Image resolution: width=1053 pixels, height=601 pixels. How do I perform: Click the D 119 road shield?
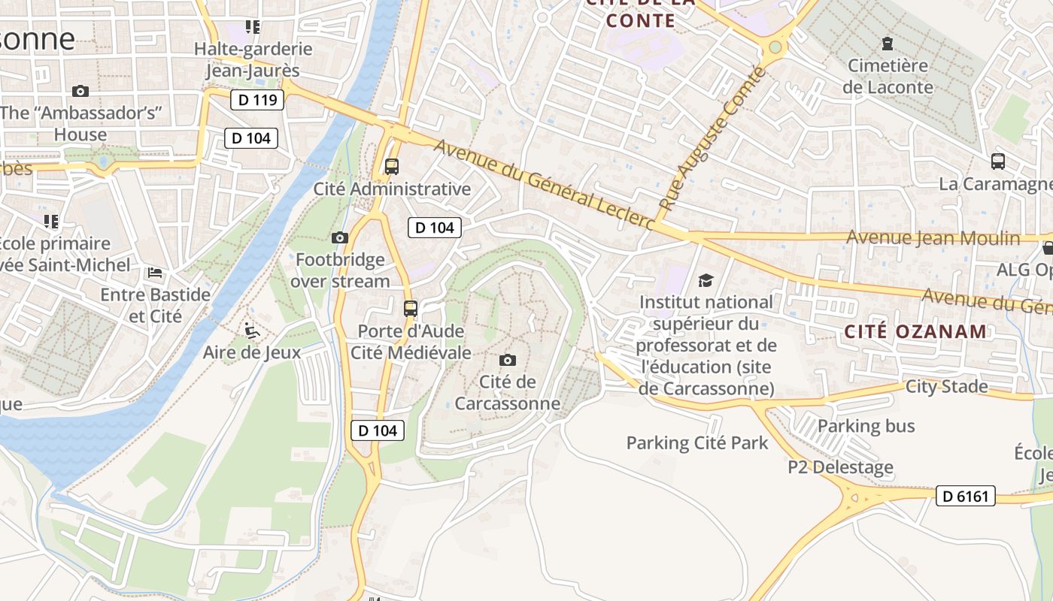pyautogui.click(x=256, y=100)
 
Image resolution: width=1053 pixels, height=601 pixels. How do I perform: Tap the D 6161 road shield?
pyautogui.click(x=966, y=496)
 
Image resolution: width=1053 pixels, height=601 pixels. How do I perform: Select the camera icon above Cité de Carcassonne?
pyautogui.click(x=508, y=361)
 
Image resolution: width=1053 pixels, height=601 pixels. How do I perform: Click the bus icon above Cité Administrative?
pyautogui.click(x=391, y=167)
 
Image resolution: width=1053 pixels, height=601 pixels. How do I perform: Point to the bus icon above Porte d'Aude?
pyautogui.click(x=411, y=308)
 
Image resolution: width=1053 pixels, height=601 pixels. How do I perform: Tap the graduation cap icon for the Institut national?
pyautogui.click(x=706, y=281)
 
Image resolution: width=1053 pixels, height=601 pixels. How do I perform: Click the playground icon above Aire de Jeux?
pyautogui.click(x=252, y=331)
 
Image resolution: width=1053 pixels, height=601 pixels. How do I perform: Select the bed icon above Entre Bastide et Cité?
pyautogui.click(x=155, y=272)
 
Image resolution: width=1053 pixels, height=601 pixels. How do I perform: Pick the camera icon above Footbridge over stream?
pyautogui.click(x=340, y=238)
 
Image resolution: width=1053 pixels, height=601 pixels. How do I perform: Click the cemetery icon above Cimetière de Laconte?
pyautogui.click(x=888, y=44)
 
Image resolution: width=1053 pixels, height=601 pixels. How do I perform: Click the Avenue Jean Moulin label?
pyautogui.click(x=933, y=238)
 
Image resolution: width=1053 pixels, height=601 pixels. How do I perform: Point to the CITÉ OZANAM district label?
pyautogui.click(x=915, y=331)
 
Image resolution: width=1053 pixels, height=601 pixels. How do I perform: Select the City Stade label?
pyautogui.click(x=946, y=387)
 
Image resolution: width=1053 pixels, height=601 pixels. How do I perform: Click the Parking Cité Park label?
pyautogui.click(x=697, y=443)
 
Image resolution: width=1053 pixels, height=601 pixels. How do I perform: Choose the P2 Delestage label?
pyautogui.click(x=840, y=467)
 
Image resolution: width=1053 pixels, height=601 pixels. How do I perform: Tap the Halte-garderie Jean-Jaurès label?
pyautogui.click(x=253, y=60)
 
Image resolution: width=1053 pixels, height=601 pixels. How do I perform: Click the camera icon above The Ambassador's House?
pyautogui.click(x=80, y=92)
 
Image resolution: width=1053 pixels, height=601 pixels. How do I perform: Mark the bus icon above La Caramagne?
pyautogui.click(x=997, y=161)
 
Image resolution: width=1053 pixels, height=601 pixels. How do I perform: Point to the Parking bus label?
pyautogui.click(x=866, y=426)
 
